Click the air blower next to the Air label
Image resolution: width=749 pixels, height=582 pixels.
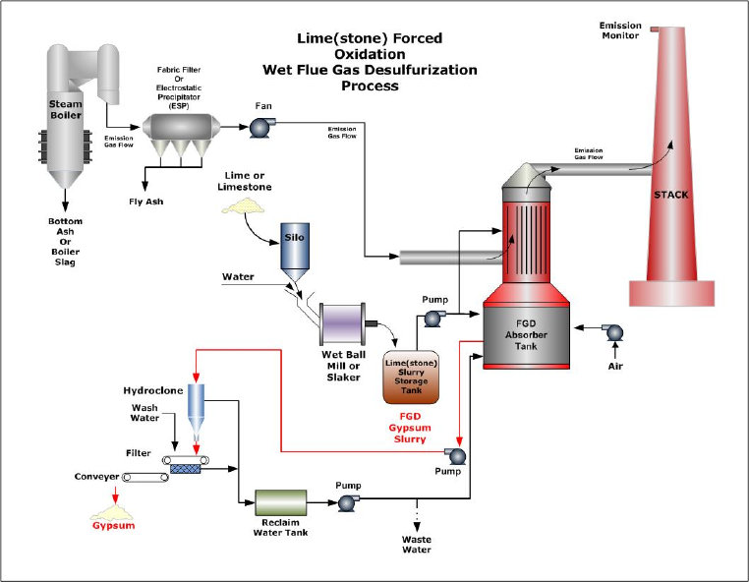[x=615, y=332]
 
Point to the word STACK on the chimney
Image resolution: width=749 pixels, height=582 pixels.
[x=671, y=195]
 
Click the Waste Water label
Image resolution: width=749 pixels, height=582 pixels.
[x=417, y=545]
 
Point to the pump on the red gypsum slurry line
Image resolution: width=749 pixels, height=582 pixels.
[x=454, y=454]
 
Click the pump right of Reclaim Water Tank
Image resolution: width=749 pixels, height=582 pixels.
[x=346, y=502]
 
